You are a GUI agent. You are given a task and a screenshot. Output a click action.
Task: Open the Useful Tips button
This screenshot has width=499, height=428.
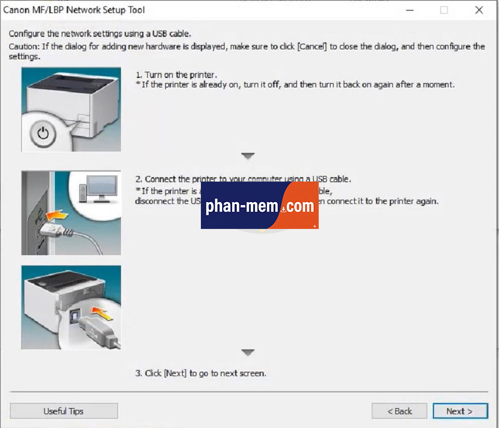tap(64, 411)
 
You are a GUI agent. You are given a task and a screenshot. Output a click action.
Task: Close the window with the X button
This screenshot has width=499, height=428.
tap(479, 10)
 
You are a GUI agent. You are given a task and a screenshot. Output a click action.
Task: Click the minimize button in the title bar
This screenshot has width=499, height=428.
tap(410, 10)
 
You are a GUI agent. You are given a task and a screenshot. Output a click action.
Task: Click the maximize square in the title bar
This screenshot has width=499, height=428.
tap(444, 10)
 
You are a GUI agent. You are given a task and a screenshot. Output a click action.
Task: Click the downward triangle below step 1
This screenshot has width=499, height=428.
tap(248, 156)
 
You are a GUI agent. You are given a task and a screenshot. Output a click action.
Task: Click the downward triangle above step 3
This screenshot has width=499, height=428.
tap(248, 353)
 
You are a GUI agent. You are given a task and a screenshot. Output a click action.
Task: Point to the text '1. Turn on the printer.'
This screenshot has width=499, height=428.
tap(177, 75)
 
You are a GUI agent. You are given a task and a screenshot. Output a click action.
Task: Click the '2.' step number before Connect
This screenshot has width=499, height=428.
tap(140, 179)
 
